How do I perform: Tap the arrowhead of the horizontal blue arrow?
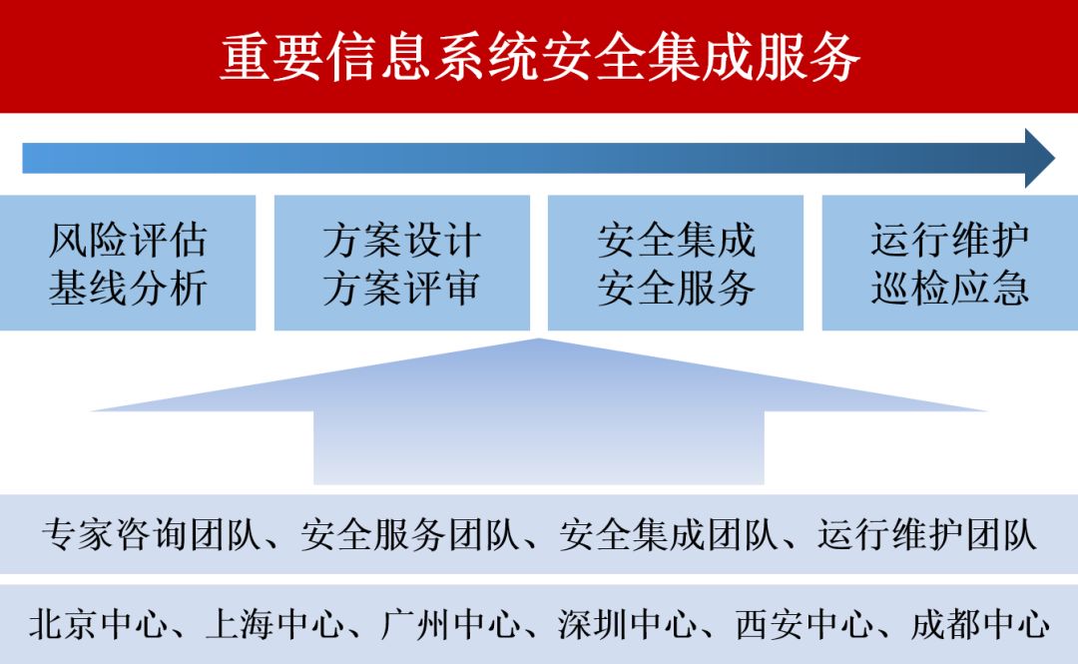1039,158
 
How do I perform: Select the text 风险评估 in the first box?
128,241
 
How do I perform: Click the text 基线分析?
128,289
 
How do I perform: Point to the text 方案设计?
401,241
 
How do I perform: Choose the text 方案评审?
401,289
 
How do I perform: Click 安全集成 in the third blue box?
676,241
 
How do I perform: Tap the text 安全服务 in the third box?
676,289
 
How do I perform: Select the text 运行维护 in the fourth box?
949,241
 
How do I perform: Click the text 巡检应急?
949,289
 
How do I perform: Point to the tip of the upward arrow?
539,342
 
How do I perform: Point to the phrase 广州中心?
450,625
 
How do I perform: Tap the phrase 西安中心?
803,625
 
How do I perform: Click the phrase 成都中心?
979,625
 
